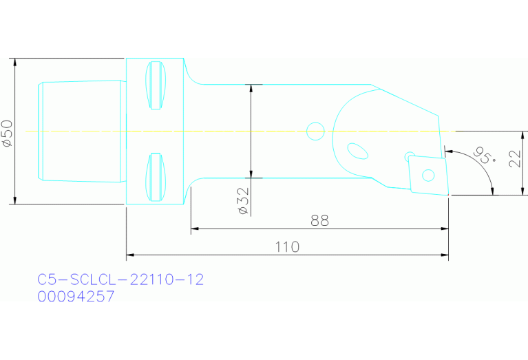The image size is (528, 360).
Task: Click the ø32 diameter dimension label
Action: coord(242,200)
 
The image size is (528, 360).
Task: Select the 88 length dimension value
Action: coord(319,220)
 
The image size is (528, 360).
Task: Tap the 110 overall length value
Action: coord(286,246)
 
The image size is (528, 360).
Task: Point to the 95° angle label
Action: coord(485,156)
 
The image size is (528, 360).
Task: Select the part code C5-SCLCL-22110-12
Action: coord(120,279)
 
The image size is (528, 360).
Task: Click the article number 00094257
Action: coord(76,297)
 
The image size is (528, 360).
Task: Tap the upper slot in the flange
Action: coord(157,85)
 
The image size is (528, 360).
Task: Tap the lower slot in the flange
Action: coord(157,177)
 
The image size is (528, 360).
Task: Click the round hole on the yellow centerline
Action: coord(315,129)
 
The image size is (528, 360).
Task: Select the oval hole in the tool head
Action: coord(357,149)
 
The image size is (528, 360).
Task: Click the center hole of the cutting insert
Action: coord(427,175)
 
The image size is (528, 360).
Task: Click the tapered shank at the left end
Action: coord(79,131)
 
